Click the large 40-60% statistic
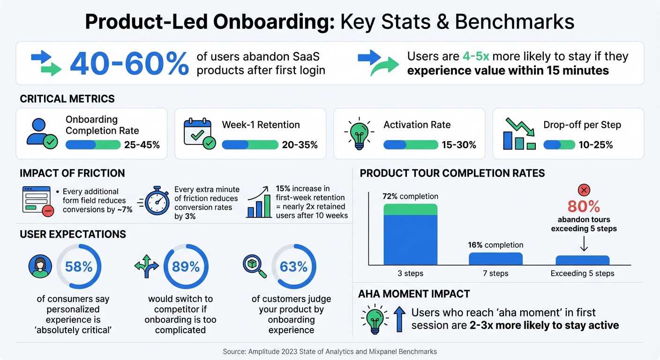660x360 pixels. click(129, 64)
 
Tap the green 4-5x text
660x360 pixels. click(476, 57)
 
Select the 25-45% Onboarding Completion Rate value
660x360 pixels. click(142, 145)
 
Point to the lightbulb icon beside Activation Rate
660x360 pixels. click(359, 134)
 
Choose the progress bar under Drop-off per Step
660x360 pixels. click(559, 145)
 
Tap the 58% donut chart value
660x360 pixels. click(79, 267)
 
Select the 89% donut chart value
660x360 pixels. click(186, 267)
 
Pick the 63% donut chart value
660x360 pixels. click(293, 267)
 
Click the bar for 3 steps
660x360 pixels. click(410, 234)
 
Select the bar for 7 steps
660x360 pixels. click(495, 259)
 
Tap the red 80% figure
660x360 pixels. click(584, 207)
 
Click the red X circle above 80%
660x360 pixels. click(584, 190)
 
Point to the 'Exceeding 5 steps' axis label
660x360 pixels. click(582, 273)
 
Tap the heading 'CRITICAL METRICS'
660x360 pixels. click(67, 99)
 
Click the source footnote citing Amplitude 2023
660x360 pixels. click(330, 351)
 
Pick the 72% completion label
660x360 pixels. click(410, 196)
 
